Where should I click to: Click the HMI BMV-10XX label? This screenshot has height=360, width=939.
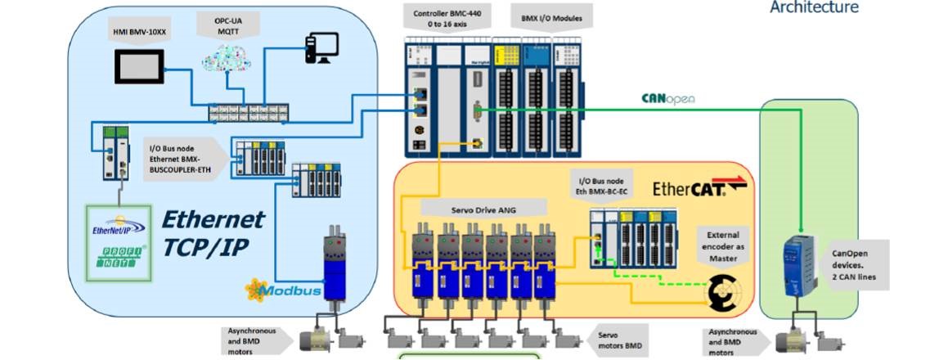(x=142, y=33)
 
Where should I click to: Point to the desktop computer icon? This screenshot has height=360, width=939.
(x=321, y=48)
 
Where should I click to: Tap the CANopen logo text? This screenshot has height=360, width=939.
(x=668, y=99)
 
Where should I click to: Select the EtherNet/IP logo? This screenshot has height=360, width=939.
(x=119, y=226)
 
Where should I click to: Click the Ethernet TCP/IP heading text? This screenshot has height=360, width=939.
(x=213, y=231)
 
